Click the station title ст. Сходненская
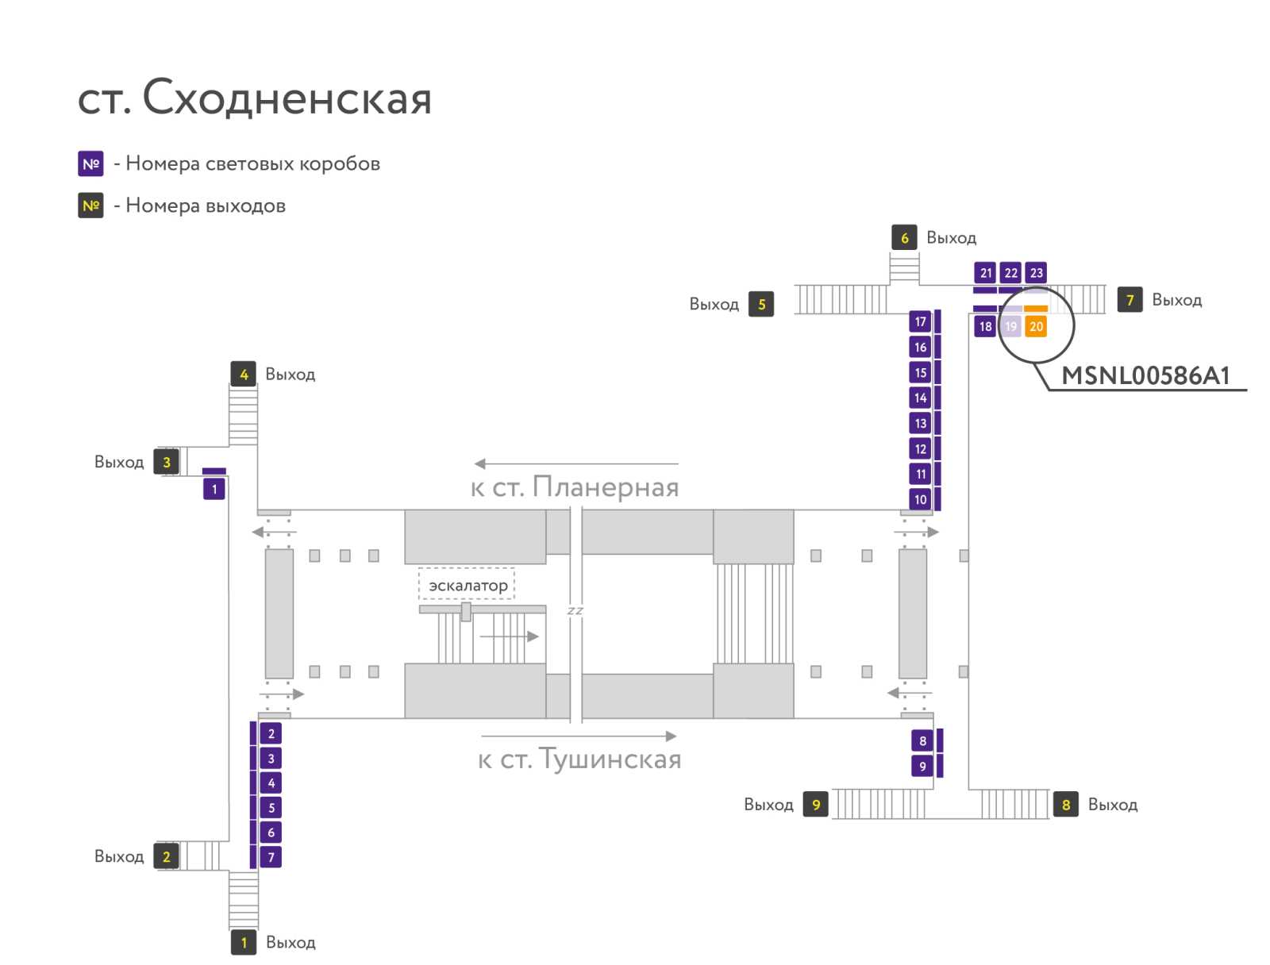[254, 98]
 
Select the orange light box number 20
[1035, 326]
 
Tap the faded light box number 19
[1010, 326]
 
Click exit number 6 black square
[904, 237]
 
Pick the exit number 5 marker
[761, 304]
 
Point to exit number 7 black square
[1130, 299]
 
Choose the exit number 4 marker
[244, 374]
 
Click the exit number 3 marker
[166, 462]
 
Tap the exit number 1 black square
[244, 942]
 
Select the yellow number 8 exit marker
[1065, 804]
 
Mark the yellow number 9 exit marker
[815, 804]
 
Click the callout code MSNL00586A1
[1145, 376]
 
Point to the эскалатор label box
[467, 584]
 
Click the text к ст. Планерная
[575, 486]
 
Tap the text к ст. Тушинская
[579, 758]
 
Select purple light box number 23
[1036, 273]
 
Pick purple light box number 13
[920, 423]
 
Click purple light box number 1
[214, 489]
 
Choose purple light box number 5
[270, 807]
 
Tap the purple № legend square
[90, 163]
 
